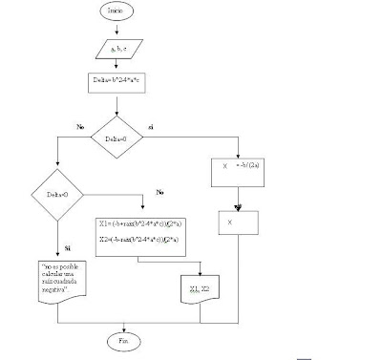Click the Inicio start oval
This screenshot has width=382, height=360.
coord(115,11)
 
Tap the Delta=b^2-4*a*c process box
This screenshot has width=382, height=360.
coord(115,83)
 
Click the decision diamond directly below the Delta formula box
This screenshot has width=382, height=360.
coord(116,138)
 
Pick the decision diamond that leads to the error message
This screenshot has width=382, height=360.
coord(58,196)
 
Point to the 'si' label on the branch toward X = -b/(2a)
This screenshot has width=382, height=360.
coord(151,126)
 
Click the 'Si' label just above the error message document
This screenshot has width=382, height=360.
coord(66,247)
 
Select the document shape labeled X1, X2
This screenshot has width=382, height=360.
coord(199,288)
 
